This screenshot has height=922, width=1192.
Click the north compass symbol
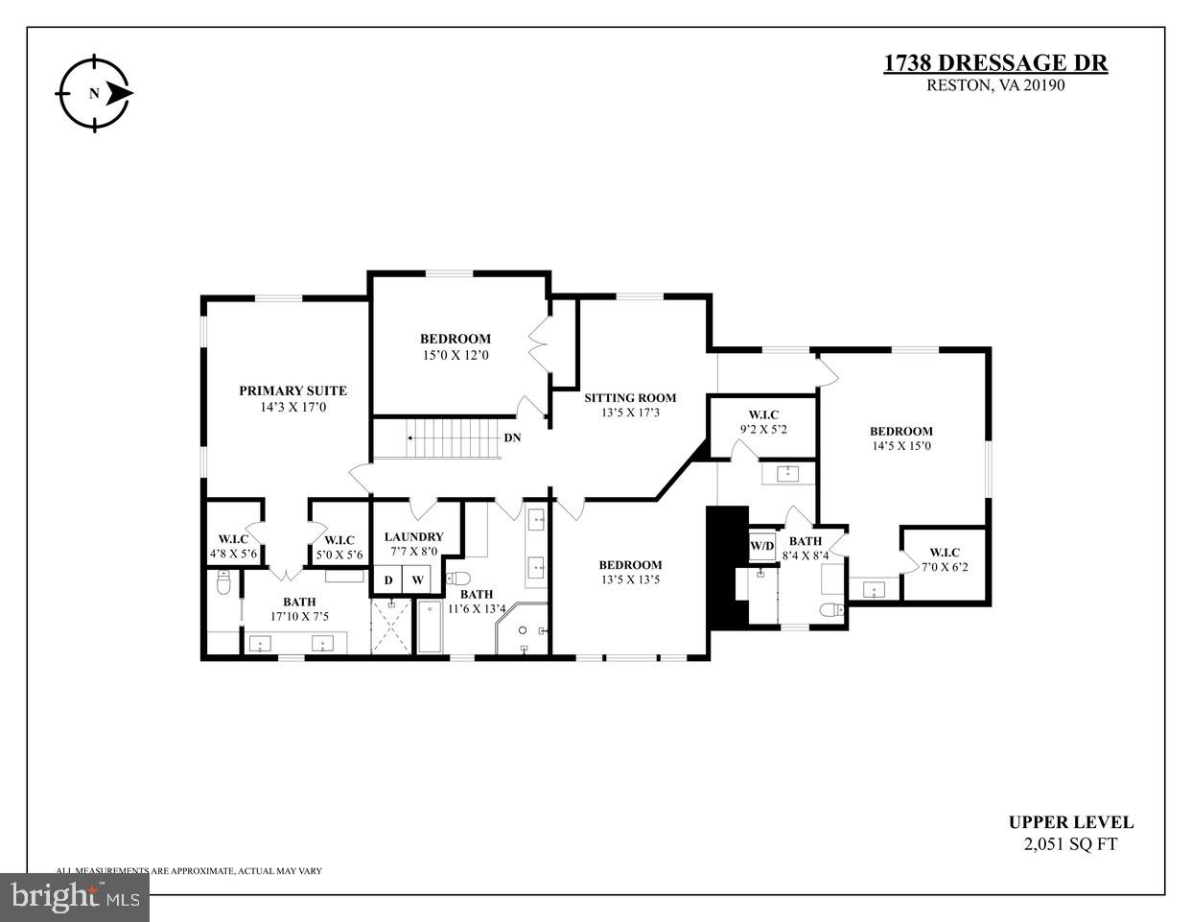tap(93, 93)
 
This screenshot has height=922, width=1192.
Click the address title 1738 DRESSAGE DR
tap(994, 63)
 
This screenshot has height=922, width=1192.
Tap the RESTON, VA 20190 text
tap(995, 84)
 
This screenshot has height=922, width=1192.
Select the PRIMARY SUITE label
tap(292, 390)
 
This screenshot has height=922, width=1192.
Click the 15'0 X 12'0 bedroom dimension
tap(456, 355)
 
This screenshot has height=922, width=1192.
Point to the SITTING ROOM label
tap(630, 397)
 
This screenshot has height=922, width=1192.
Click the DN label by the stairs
tap(513, 437)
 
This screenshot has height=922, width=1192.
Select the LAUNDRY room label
tap(413, 536)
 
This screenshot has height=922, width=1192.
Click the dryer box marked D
tap(388, 580)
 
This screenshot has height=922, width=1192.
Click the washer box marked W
tap(417, 580)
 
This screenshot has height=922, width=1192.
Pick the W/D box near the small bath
tap(761, 546)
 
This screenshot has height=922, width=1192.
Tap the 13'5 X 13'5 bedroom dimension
tap(630, 579)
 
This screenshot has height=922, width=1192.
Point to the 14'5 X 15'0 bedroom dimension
tap(900, 445)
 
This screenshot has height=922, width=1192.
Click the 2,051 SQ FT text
tap(1070, 844)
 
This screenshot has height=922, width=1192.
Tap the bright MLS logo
tap(74, 897)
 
